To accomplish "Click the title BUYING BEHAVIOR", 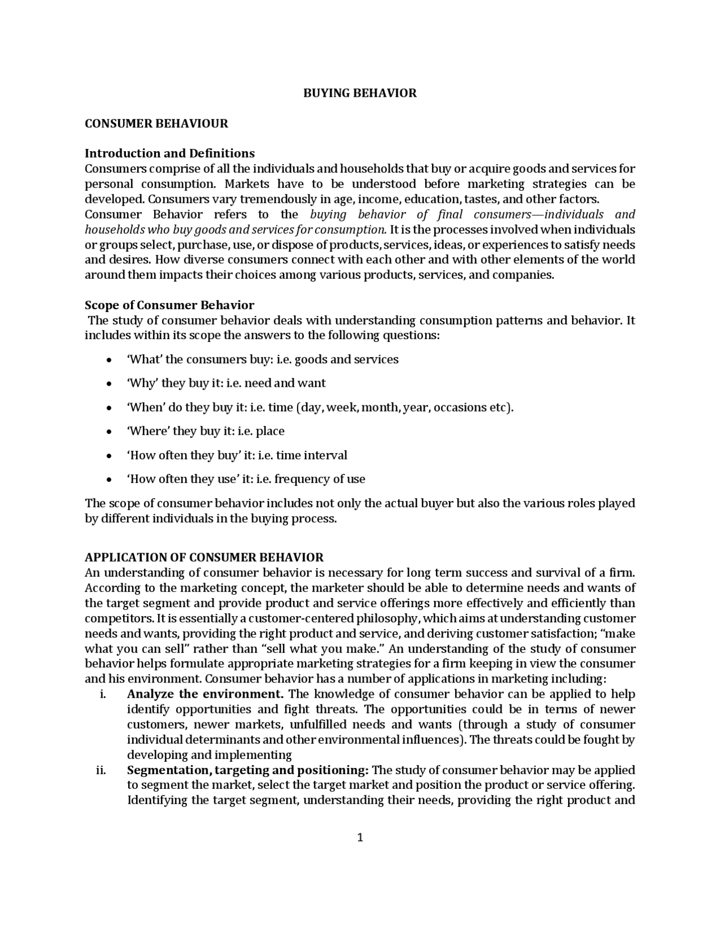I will [x=360, y=93].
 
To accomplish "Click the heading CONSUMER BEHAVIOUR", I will [x=156, y=124].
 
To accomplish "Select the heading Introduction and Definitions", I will [x=169, y=153].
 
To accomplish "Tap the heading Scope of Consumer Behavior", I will [x=169, y=305].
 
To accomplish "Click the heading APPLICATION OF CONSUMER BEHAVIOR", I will [x=204, y=558].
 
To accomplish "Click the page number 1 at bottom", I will [x=360, y=838].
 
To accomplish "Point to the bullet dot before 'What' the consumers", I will [x=109, y=360].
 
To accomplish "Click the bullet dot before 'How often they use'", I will [x=109, y=480].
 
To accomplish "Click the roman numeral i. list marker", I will [x=103, y=694].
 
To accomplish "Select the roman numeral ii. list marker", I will [x=101, y=770].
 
